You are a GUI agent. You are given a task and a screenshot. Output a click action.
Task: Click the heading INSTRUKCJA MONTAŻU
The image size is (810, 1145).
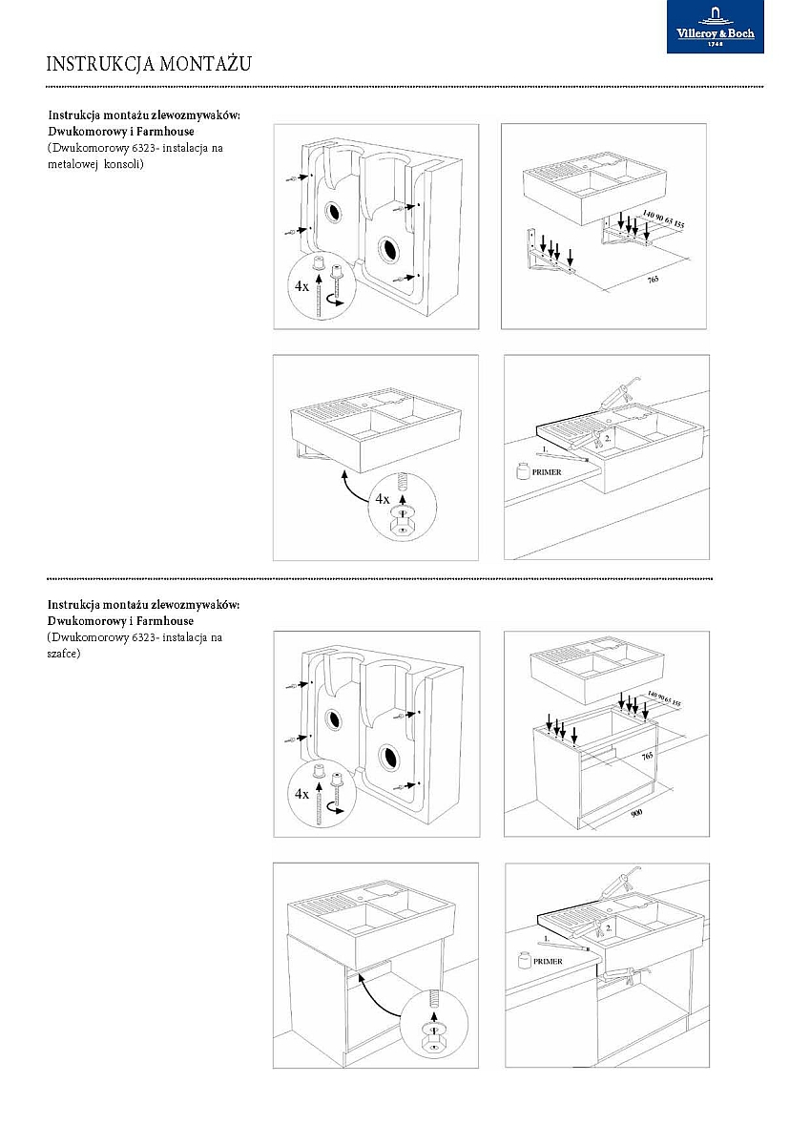148,64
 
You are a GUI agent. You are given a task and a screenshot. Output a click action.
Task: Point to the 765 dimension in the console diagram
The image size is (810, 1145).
653,279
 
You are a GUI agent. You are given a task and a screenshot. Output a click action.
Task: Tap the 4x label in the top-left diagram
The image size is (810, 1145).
302,285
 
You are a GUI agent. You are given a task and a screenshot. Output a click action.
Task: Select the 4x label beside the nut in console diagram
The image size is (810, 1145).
383,498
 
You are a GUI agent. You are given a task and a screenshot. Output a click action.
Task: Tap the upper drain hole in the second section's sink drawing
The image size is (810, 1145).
334,718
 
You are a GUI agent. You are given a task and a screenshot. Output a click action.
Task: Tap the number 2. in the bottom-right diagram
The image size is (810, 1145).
610,926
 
